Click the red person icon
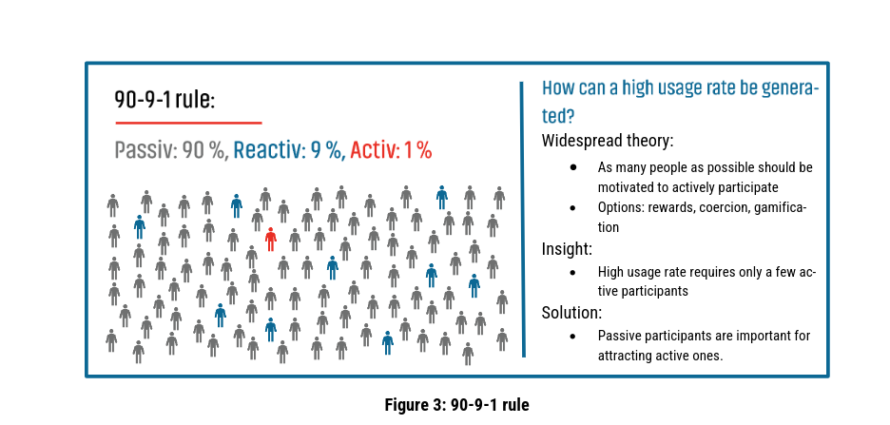click(x=271, y=239)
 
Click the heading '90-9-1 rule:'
click(x=164, y=100)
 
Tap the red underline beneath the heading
click(x=188, y=123)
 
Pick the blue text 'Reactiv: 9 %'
click(x=289, y=150)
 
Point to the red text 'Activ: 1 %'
click(x=391, y=150)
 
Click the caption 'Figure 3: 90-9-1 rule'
click(x=456, y=404)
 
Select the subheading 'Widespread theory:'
click(x=608, y=141)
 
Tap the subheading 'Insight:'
click(x=568, y=249)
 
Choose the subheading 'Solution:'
click(x=572, y=313)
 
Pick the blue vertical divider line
click(x=522, y=219)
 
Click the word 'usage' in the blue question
click(x=675, y=88)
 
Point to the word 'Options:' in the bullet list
click(x=621, y=207)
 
